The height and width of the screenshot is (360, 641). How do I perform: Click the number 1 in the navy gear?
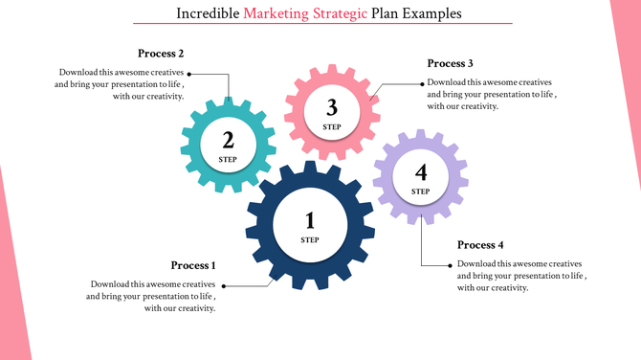309,222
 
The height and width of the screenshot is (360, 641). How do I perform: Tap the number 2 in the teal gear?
228,141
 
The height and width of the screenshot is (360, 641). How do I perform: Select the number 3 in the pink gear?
332,107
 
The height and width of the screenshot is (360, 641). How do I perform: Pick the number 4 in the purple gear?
421,172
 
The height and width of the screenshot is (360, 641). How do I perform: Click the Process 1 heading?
193,265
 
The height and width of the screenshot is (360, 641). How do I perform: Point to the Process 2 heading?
161,54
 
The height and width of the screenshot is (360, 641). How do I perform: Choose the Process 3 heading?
450,63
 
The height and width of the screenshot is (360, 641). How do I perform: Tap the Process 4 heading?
480,245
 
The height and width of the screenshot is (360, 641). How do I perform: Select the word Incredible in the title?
209,14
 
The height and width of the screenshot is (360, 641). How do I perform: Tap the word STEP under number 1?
309,239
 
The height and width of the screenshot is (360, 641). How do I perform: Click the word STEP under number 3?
332,126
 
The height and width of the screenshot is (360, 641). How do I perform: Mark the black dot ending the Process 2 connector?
189,73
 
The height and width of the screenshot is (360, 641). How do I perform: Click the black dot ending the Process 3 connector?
422,83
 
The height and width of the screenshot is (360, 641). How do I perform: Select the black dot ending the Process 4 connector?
452,265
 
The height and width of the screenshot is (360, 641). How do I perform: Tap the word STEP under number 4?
421,191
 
